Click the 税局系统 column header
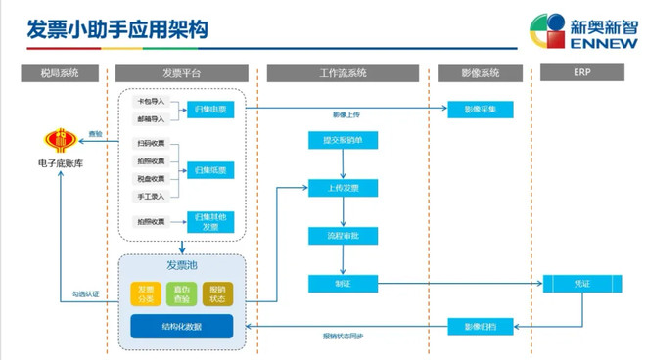[x=60, y=73]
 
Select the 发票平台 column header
[x=181, y=73]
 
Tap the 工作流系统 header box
[x=343, y=73]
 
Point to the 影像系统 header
[x=480, y=73]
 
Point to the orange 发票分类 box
[x=145, y=293]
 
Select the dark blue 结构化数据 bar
[x=181, y=326]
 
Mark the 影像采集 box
[x=480, y=111]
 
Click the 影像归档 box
[x=480, y=326]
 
